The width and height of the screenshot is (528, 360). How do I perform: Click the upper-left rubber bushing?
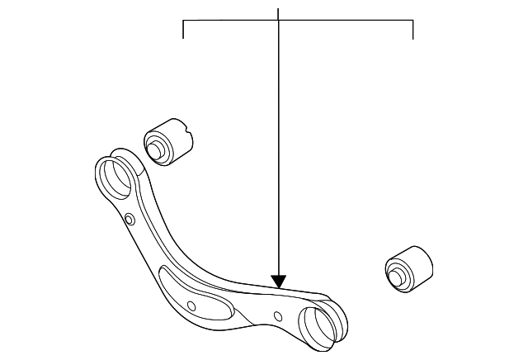171,140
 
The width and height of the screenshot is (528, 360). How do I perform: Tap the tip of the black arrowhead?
279,287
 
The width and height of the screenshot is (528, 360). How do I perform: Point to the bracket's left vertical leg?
182,30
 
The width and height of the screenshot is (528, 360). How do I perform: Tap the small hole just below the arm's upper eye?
130,219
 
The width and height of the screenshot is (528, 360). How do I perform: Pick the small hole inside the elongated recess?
191,306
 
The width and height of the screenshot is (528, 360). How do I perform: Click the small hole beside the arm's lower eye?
279,315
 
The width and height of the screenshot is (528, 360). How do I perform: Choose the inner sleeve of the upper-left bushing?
153,149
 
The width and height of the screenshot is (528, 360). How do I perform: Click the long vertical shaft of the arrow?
279,149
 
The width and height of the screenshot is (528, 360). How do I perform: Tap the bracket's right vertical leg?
412,31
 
